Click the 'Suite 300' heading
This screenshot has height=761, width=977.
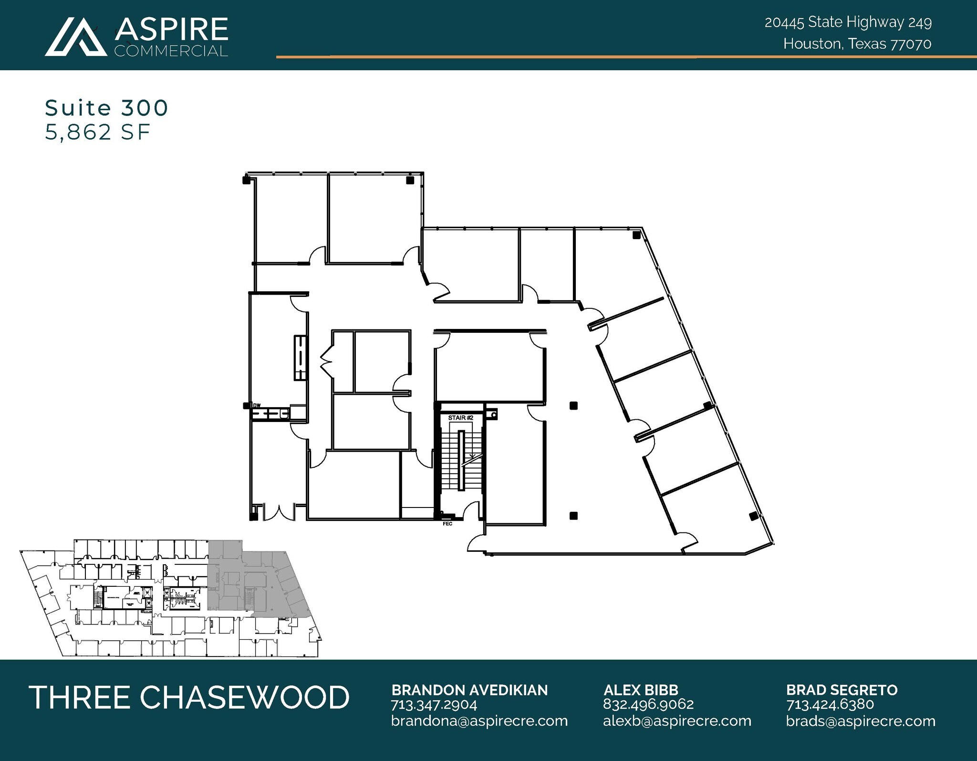point(106,108)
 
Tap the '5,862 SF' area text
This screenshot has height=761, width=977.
point(98,132)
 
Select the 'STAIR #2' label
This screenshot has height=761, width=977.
point(460,418)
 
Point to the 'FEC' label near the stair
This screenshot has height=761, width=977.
point(447,524)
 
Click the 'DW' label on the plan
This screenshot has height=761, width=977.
point(257,406)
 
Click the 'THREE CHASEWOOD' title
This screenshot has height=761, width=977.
point(189,697)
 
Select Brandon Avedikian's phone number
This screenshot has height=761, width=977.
point(434,705)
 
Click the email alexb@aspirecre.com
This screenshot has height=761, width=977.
point(677,720)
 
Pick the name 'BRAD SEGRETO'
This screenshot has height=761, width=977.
point(842,690)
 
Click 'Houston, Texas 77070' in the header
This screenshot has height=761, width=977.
point(857,44)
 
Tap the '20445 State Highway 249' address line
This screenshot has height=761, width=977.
point(848,22)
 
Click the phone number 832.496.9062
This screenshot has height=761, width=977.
point(648,704)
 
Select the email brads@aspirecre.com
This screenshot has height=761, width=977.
point(861,721)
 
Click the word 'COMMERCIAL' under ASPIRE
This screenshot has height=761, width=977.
point(171,51)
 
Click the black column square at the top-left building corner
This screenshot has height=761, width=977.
point(247,180)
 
